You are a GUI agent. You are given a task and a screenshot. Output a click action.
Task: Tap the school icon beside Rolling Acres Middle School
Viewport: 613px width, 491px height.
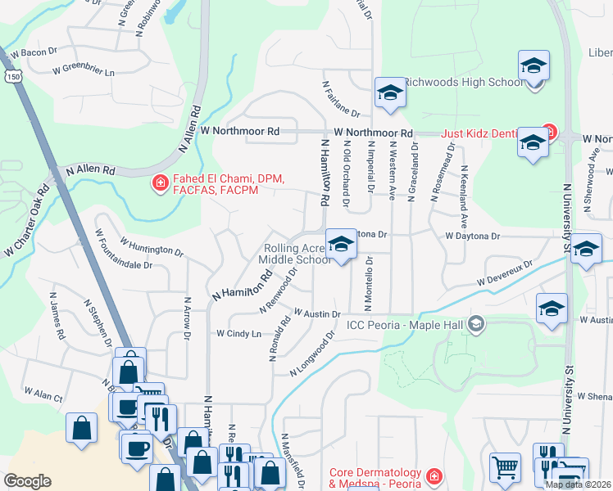click(341, 243)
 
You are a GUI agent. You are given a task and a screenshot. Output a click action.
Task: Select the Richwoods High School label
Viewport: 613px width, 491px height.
click(464, 83)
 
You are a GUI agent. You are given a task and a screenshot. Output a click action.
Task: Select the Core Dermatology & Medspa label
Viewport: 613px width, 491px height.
click(375, 478)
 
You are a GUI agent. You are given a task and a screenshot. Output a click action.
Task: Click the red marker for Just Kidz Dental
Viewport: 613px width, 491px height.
click(548, 133)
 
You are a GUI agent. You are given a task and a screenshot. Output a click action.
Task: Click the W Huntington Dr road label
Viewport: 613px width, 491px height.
click(151, 245)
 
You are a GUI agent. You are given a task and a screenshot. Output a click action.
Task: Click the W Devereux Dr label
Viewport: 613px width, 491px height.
click(504, 273)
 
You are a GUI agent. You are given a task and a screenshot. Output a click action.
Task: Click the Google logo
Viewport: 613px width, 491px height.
click(27, 480)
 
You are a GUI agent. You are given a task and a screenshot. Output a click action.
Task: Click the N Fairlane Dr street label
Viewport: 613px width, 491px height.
click(341, 97)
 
